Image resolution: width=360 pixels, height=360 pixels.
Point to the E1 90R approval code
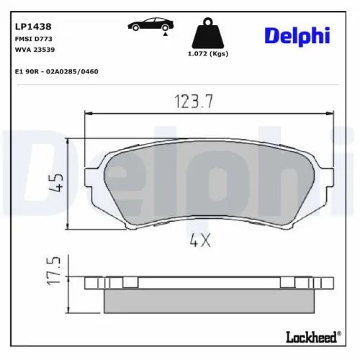tap(56, 71)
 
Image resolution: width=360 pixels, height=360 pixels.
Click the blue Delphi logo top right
tap(296, 35)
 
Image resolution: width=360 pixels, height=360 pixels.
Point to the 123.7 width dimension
tap(194, 102)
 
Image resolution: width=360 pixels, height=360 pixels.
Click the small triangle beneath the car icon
tap(166, 33)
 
